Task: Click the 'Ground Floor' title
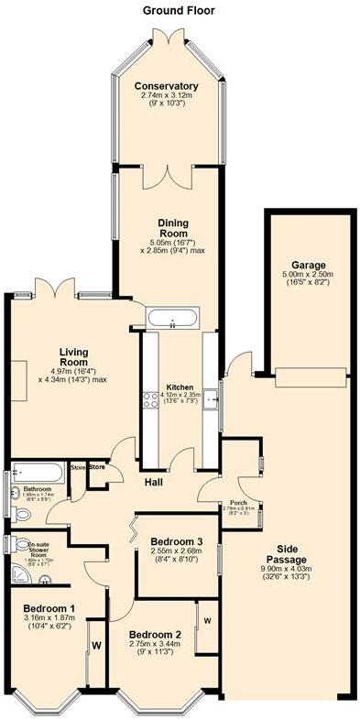180,10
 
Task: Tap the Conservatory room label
166,86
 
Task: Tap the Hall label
153,482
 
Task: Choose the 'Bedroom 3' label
177,541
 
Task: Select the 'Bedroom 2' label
155,635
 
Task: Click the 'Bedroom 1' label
49,609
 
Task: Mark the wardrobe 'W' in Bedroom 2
207,622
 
